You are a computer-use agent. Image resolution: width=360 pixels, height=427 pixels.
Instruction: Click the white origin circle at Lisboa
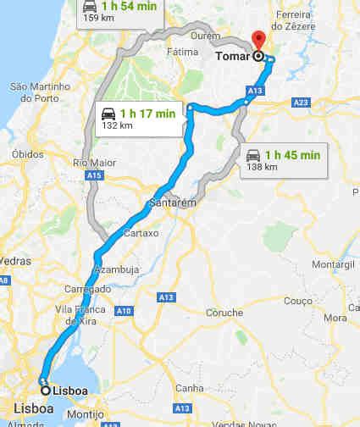tap(45, 391)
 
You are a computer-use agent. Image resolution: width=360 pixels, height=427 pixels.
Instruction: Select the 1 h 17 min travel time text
tap(147, 113)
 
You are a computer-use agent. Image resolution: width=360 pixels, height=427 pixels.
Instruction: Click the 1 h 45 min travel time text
tap(292, 154)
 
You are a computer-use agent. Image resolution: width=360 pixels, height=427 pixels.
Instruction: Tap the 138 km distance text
tap(261, 167)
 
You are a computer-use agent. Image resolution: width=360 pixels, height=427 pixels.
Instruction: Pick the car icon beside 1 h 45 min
tap(252, 155)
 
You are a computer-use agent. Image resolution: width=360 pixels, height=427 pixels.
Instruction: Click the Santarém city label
tap(173, 203)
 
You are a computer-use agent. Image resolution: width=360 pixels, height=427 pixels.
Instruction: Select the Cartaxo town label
tap(141, 233)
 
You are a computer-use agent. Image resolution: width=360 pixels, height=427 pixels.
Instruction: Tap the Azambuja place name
tap(117, 269)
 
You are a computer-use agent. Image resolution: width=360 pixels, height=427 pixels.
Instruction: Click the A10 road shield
tap(125, 310)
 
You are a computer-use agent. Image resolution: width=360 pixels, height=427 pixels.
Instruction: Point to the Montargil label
tap(333, 264)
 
